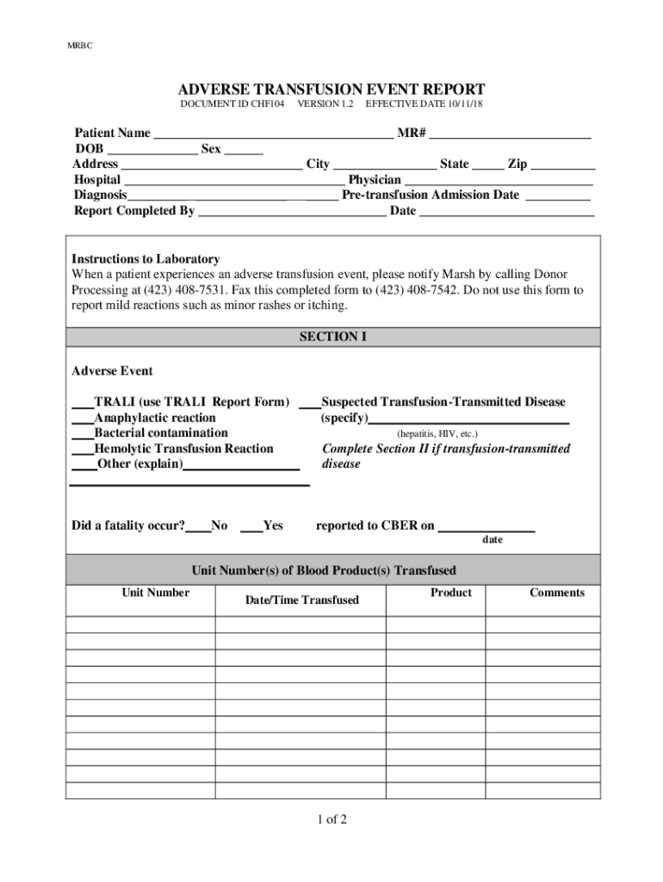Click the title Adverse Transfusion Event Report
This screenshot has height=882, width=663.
331,90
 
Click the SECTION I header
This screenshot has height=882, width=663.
332,337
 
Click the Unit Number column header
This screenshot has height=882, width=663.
155,593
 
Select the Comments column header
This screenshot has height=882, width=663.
556,593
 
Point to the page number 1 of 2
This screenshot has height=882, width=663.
331,819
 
